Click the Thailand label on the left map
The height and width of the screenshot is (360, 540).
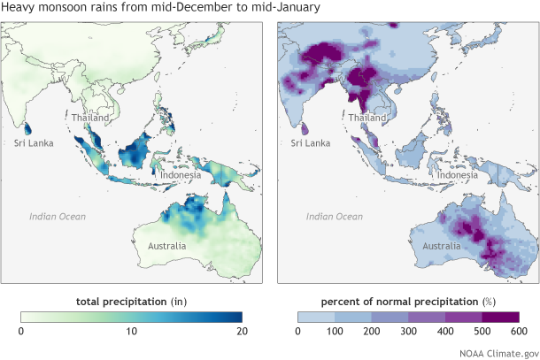tap(91, 118)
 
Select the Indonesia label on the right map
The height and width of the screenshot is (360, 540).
tap(458, 175)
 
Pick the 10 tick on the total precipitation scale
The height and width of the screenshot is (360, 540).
tap(132, 331)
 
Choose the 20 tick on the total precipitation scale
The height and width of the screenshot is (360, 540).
tap(241, 331)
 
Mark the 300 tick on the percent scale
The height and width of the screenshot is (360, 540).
tap(408, 331)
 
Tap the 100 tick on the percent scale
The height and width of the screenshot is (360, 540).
tap(335, 331)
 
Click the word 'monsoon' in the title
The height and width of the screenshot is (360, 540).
tap(70, 8)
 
